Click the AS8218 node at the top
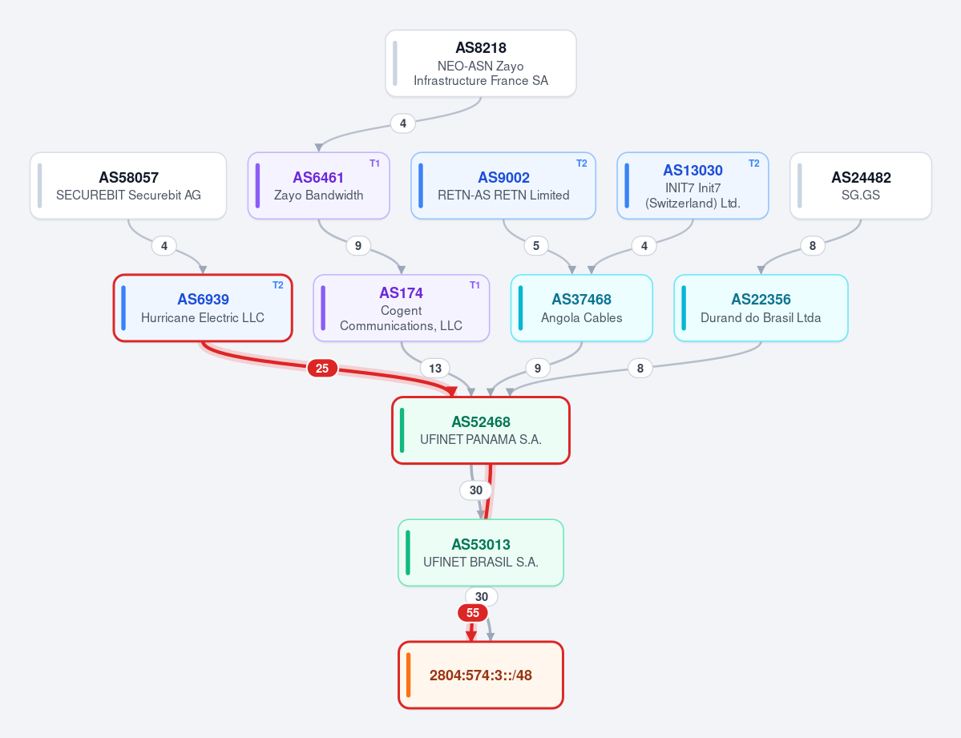(x=481, y=64)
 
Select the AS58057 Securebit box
(x=128, y=186)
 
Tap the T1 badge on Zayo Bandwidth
(x=374, y=163)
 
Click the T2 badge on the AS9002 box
(x=582, y=163)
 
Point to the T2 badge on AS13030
(x=754, y=163)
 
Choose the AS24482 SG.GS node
(x=861, y=186)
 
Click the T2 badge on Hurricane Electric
(x=277, y=285)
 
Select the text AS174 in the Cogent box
(x=401, y=293)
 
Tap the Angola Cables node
(x=582, y=308)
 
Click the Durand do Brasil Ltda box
(x=761, y=308)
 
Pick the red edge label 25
(x=322, y=369)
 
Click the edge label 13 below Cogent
(x=435, y=369)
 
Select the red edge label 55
(x=473, y=613)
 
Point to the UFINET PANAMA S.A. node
(x=481, y=430)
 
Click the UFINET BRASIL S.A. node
(x=481, y=553)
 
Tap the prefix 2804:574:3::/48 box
(x=481, y=675)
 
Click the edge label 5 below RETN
(x=536, y=246)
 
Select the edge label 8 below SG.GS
(x=813, y=246)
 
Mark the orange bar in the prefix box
(x=408, y=675)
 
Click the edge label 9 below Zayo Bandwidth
(x=358, y=246)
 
